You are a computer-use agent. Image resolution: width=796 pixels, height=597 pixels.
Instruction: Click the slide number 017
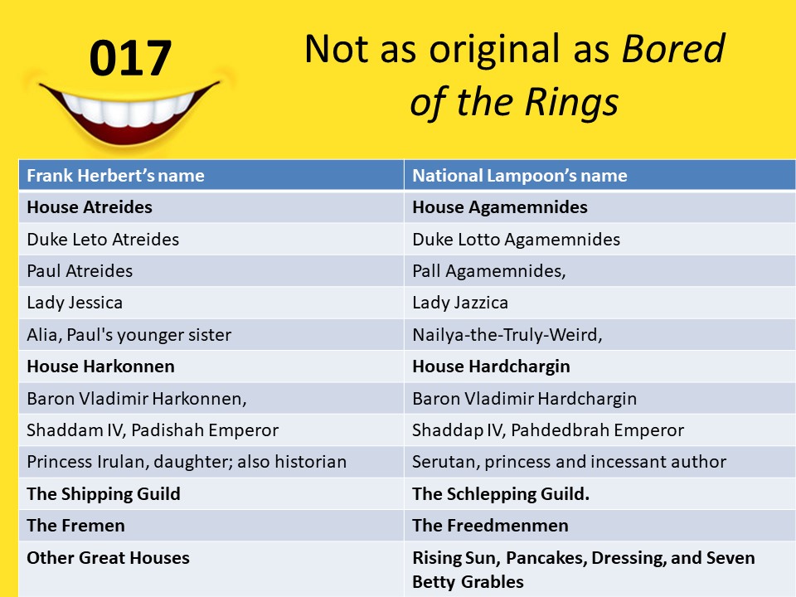pos(130,58)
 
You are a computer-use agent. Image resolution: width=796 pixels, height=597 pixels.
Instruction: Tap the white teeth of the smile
pos(128,109)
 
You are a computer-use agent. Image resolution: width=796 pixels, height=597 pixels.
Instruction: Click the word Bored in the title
pos(673,49)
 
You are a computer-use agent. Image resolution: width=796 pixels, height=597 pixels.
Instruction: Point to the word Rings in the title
pos(571,102)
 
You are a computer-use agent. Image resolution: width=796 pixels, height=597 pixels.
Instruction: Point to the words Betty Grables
pos(468,582)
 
